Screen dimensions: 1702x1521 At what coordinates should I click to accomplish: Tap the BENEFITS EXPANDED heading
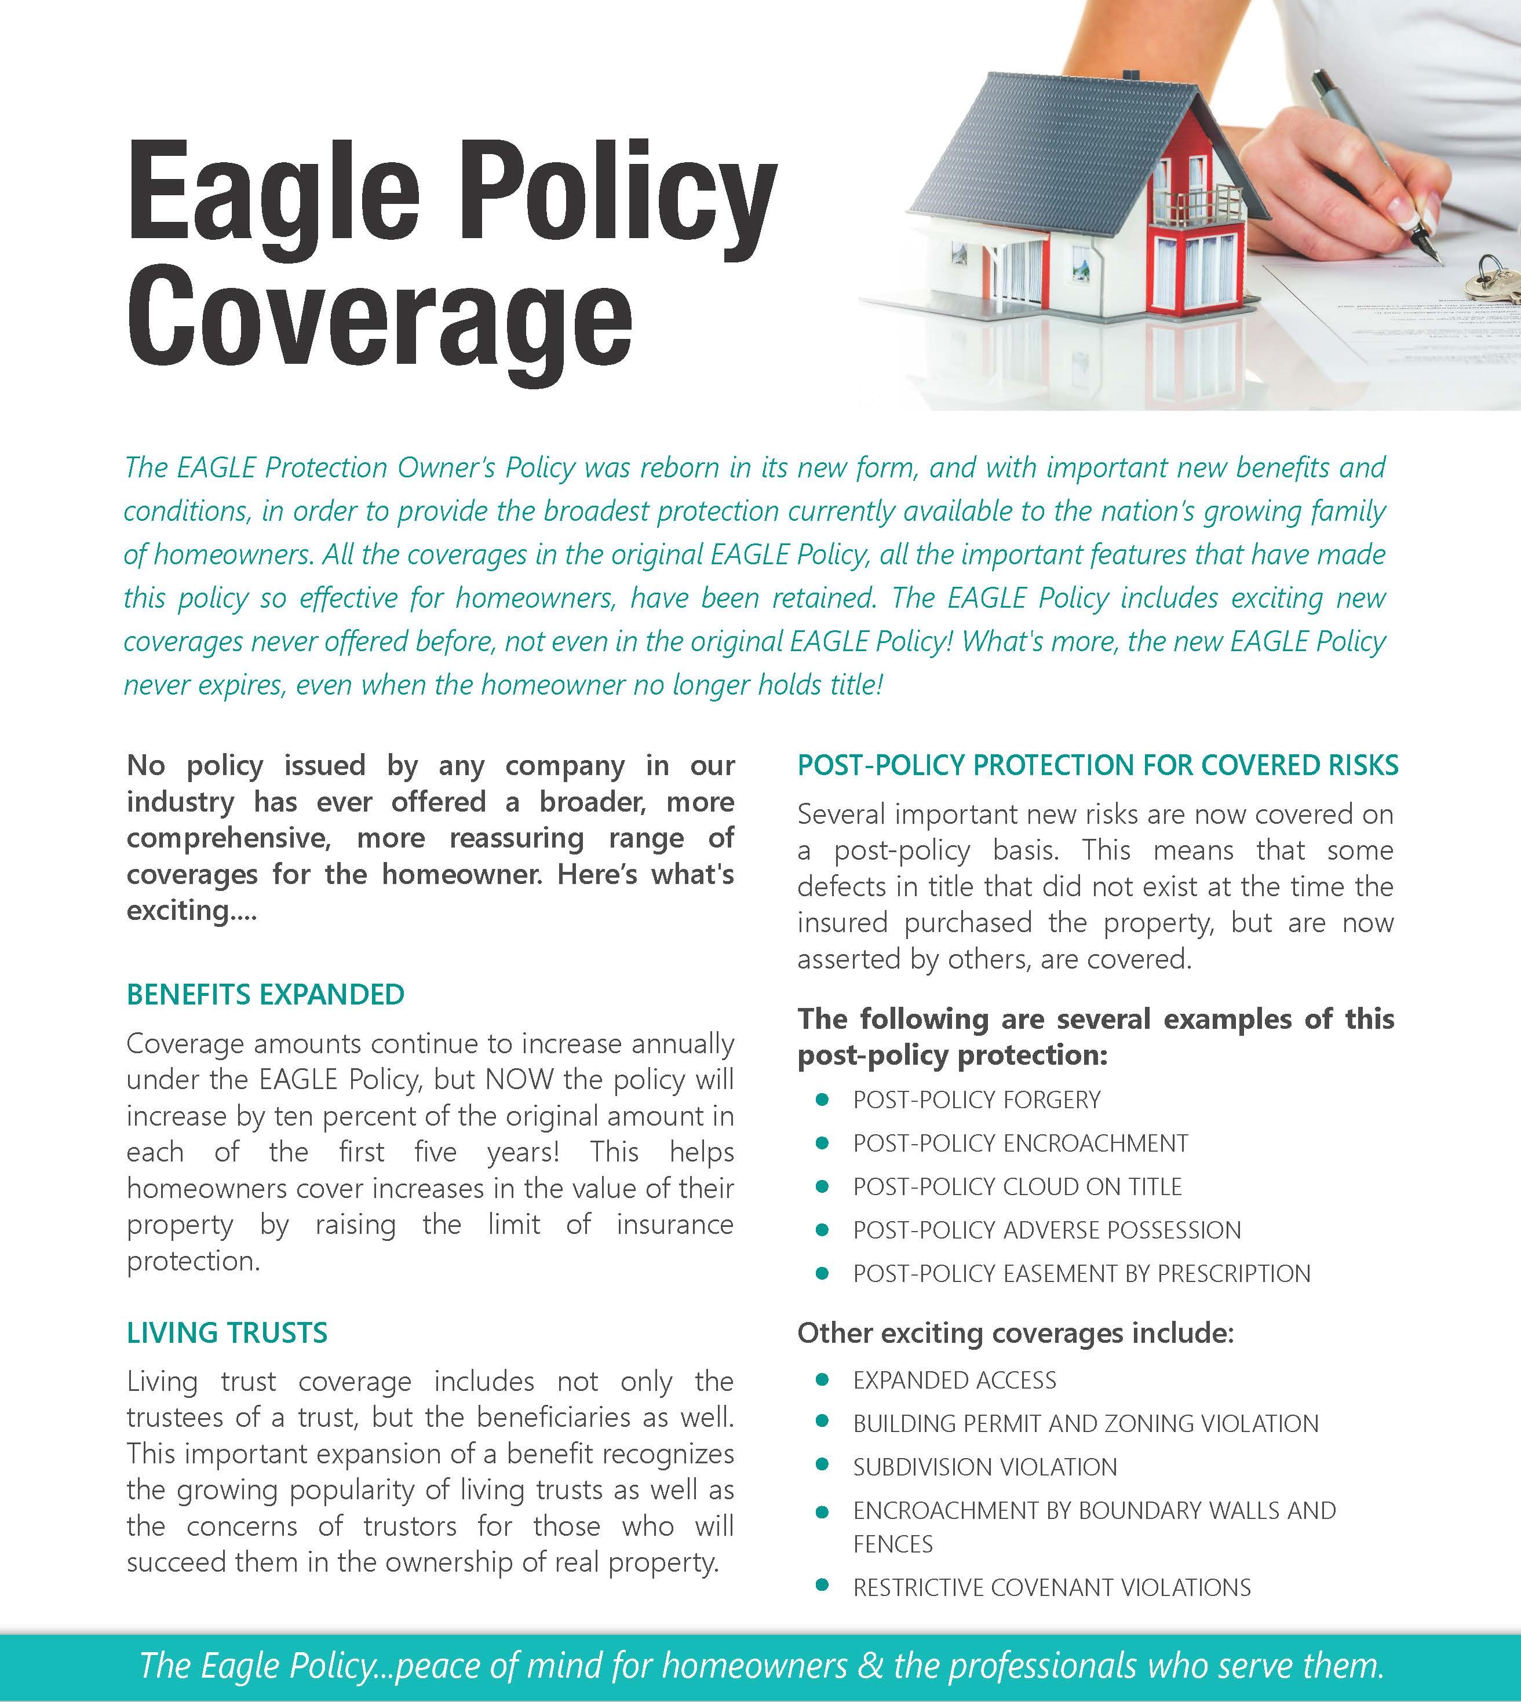(x=266, y=994)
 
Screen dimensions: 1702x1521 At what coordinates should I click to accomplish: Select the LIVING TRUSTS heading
(x=227, y=1332)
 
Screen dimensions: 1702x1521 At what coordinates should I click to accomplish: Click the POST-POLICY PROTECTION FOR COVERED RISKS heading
(x=1097, y=765)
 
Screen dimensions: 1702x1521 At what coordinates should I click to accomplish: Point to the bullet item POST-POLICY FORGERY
(x=976, y=1100)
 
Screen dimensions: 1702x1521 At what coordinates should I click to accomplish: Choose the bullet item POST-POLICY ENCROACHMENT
(x=1020, y=1143)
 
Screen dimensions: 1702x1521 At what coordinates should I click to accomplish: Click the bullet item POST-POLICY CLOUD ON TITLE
(x=1016, y=1186)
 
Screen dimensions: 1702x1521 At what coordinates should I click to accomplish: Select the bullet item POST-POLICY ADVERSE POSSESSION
(x=1046, y=1230)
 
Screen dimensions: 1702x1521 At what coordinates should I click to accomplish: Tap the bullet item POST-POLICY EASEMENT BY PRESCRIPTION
(x=1081, y=1273)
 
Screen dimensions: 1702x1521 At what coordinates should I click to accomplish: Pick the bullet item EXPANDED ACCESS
(x=954, y=1379)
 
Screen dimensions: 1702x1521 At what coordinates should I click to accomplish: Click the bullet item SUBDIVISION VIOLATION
(x=984, y=1466)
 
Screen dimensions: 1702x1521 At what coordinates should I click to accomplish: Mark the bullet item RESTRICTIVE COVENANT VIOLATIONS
(x=1051, y=1587)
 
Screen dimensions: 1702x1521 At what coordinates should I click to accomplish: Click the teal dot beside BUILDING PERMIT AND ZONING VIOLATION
(x=822, y=1422)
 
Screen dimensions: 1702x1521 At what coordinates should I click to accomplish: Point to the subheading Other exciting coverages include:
(x=1015, y=1332)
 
